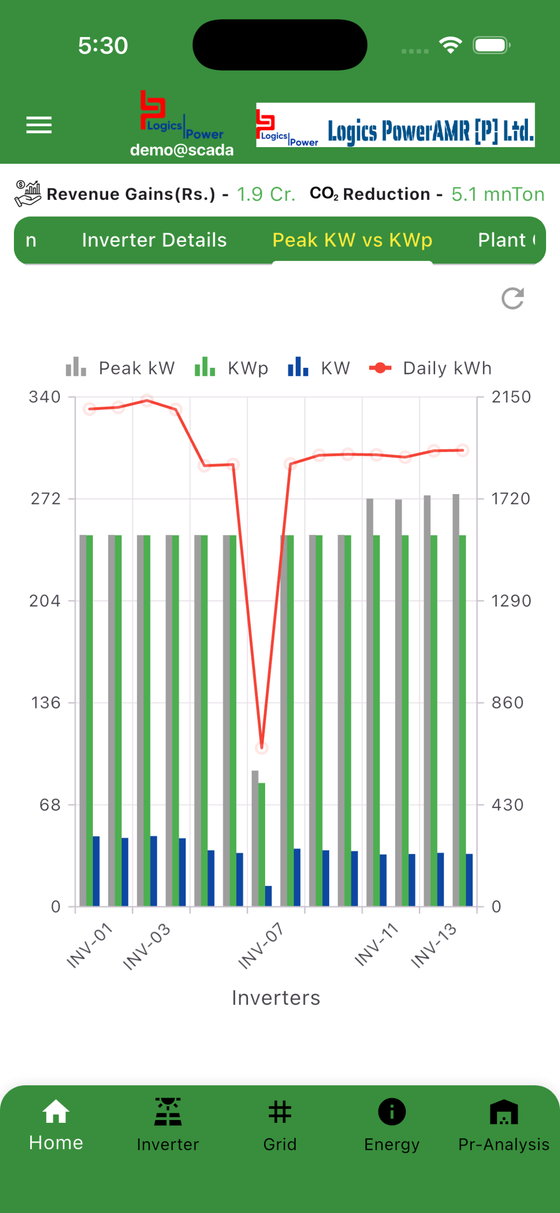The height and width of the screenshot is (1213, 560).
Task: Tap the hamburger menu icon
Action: pyautogui.click(x=39, y=125)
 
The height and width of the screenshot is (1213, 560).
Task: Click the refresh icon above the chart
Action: pyautogui.click(x=512, y=299)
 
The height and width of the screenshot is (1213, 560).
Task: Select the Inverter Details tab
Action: pyautogui.click(x=154, y=240)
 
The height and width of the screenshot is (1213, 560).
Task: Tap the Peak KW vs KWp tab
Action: pyautogui.click(x=352, y=240)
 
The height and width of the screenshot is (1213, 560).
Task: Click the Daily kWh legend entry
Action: pyautogui.click(x=431, y=368)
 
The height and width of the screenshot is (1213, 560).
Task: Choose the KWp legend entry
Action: pyautogui.click(x=231, y=368)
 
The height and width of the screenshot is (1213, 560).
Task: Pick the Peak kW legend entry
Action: pyautogui.click(x=120, y=368)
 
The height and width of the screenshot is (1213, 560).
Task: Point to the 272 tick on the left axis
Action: pyautogui.click(x=46, y=499)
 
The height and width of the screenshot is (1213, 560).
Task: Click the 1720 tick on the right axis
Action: pyautogui.click(x=511, y=499)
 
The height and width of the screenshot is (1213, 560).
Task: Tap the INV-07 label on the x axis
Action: pyautogui.click(x=261, y=945)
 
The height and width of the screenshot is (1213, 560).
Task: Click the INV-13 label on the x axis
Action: pyautogui.click(x=434, y=945)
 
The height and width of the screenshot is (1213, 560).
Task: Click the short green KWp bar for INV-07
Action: pyautogui.click(x=262, y=844)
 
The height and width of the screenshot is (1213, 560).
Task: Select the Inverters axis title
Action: pyautogui.click(x=276, y=998)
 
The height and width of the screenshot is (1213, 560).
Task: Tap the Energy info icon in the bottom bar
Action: pyautogui.click(x=392, y=1111)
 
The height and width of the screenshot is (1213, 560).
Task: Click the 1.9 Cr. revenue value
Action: pyautogui.click(x=266, y=194)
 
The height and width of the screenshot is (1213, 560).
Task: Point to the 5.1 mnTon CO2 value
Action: pyautogui.click(x=498, y=194)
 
